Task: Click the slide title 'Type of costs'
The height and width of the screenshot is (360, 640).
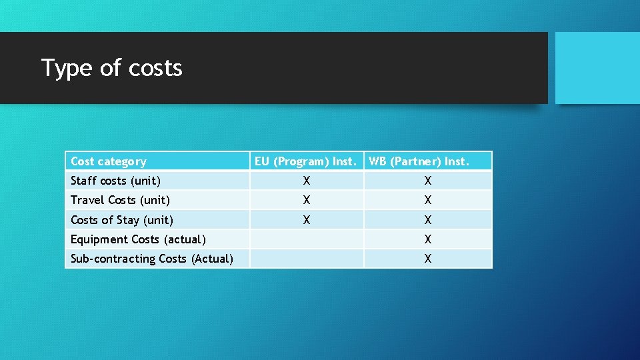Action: coord(112,68)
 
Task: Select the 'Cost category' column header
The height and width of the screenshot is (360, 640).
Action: coord(108,161)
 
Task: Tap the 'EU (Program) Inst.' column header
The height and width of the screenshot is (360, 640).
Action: coord(306,161)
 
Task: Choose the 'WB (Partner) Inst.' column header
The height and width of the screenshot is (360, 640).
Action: coord(419,161)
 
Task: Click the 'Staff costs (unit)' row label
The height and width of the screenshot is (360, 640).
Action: coord(115,181)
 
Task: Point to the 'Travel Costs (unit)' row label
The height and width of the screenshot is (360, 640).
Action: coord(120,200)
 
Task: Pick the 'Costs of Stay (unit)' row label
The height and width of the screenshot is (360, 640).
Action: coord(122,220)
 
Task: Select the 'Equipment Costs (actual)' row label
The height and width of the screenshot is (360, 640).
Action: coord(138,239)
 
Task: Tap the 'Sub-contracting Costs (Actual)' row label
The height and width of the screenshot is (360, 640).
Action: coord(152,259)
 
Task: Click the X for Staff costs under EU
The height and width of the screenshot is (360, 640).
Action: coord(306,181)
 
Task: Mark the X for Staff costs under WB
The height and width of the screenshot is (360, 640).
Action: coord(428,181)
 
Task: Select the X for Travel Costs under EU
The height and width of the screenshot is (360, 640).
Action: coord(306,200)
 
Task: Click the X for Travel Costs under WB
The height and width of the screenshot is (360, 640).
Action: coord(428,200)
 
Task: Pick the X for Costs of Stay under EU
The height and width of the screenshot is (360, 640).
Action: coord(306,220)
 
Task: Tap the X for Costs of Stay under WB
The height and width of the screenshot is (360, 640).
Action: coord(428,220)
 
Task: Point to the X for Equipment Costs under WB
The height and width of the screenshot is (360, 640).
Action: coord(428,239)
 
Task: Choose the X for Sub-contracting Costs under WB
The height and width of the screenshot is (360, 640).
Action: coord(428,259)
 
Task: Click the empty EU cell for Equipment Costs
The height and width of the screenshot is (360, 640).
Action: coord(307,239)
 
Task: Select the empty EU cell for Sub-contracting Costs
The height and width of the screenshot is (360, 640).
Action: coord(307,259)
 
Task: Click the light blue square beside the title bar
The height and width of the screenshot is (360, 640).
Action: coord(597,68)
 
